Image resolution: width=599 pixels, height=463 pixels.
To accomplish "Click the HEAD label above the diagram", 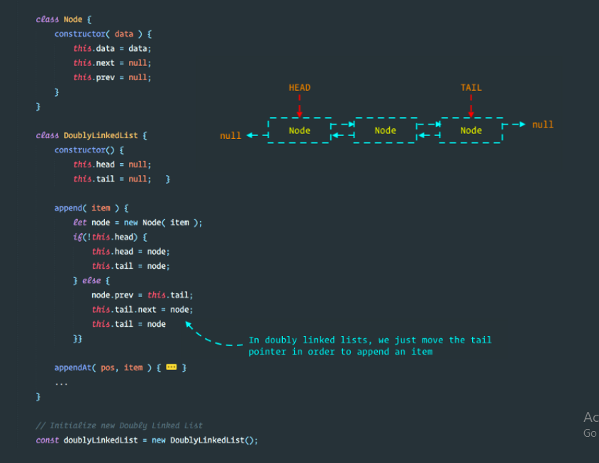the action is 299,88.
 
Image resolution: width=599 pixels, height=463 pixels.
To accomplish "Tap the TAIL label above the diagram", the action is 471,88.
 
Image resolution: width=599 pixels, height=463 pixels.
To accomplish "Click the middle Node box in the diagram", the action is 385,130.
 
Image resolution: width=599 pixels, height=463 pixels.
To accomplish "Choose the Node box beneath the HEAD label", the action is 299,130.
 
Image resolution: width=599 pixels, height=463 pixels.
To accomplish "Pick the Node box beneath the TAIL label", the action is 471,130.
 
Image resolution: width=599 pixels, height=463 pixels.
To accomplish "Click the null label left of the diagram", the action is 230,135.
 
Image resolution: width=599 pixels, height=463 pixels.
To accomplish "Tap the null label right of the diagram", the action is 542,125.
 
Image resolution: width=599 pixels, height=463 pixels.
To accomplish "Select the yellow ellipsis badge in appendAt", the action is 171,367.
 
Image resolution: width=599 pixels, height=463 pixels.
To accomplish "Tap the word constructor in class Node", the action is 79,34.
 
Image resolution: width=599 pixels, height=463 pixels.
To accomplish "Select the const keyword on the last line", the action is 47,440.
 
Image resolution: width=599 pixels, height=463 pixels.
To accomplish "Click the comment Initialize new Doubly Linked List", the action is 119,425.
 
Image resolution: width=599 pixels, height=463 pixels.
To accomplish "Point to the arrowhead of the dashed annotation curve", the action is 189,325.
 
